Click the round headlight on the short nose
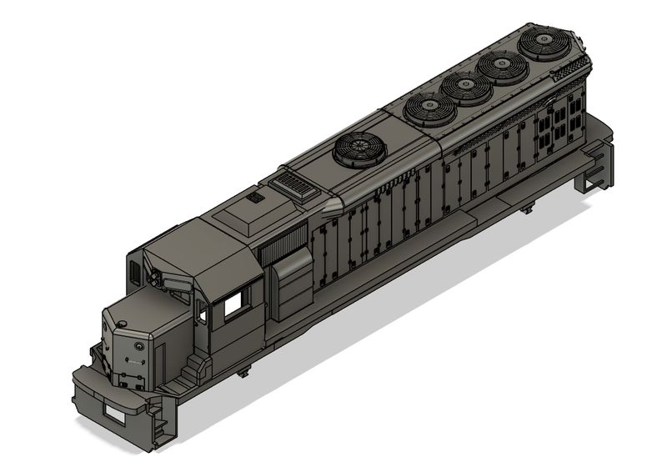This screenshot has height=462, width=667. point(138,344)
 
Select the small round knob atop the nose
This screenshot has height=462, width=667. point(123,323)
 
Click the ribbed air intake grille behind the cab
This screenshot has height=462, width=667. point(279,242)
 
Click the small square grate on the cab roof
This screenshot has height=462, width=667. point(253,198)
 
